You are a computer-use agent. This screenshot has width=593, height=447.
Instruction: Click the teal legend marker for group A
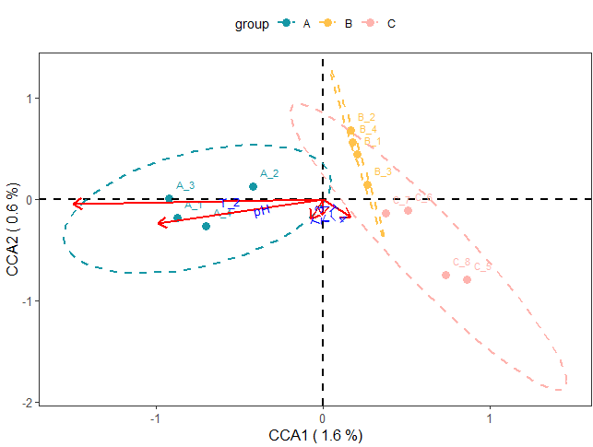[x=287, y=24]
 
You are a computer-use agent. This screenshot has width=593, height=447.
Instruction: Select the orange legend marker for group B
[x=329, y=24]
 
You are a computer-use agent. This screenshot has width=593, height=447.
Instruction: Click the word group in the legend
[x=251, y=24]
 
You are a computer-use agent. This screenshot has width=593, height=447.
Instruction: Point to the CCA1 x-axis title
[x=314, y=434]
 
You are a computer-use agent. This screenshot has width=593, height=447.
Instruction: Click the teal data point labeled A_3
[x=169, y=199]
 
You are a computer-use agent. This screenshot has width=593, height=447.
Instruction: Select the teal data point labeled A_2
[x=254, y=187]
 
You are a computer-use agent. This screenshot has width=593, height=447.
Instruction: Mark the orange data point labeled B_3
[x=367, y=185]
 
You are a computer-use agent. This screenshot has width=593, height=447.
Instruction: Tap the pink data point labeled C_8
[x=445, y=275]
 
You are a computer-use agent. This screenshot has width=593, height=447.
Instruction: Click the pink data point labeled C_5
[x=467, y=279]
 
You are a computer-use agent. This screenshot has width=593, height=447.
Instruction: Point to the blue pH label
[x=262, y=212]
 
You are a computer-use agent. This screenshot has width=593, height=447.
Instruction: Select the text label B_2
[x=366, y=117]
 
